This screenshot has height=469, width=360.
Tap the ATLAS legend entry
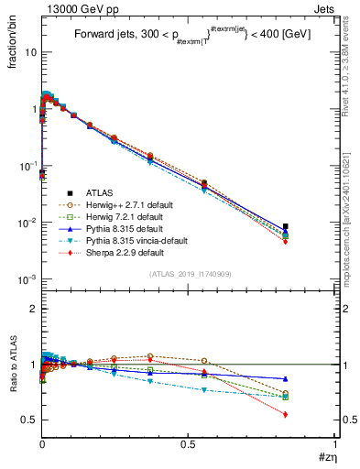pyautogui.click(x=100, y=192)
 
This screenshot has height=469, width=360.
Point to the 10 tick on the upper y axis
pyautogui.click(x=29, y=52)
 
